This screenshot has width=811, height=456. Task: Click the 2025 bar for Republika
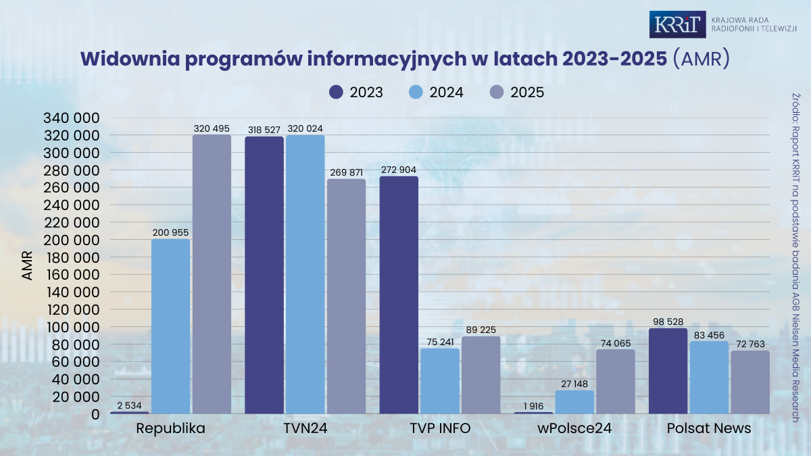point(212,274)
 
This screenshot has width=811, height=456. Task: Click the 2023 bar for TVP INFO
point(399,295)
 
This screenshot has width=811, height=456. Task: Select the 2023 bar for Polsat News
point(668,371)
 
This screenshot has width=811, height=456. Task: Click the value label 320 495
point(212,128)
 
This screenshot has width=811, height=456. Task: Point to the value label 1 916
point(533,406)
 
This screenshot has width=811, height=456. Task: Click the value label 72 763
point(750,345)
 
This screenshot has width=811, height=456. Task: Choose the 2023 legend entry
point(356,93)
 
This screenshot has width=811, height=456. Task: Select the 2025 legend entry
point(517,93)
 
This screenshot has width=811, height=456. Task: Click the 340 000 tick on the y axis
point(72,118)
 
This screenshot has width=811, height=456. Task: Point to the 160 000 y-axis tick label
point(72,275)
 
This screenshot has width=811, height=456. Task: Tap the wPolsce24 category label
point(574,429)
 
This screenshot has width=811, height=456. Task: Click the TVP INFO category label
point(440,429)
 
